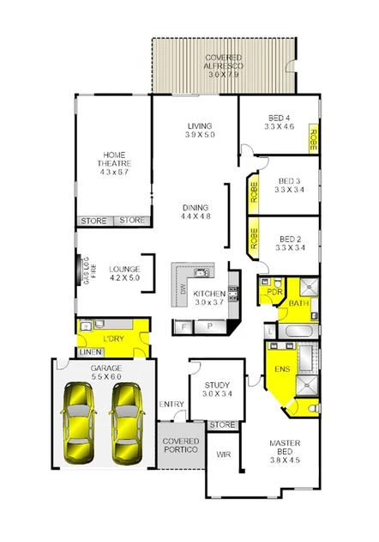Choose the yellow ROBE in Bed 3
pyautogui.click(x=253, y=191)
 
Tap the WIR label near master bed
pyautogui.click(x=223, y=454)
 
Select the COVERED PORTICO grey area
pyautogui.click(x=181, y=445)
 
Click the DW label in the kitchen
pyautogui.click(x=183, y=289)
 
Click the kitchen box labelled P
pyautogui.click(x=209, y=327)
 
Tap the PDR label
pyautogui.click(x=274, y=290)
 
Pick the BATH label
pyautogui.click(x=298, y=303)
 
